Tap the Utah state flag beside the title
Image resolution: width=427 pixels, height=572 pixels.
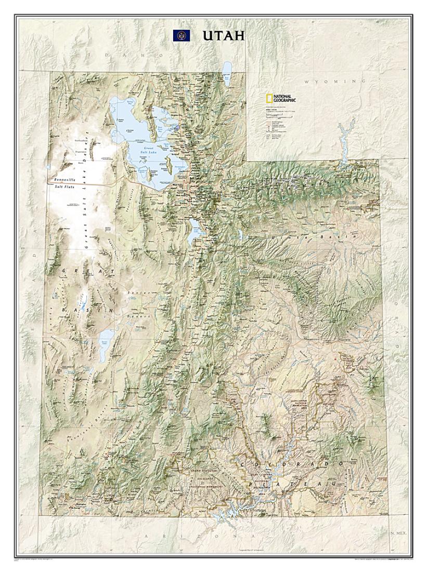[182, 35]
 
